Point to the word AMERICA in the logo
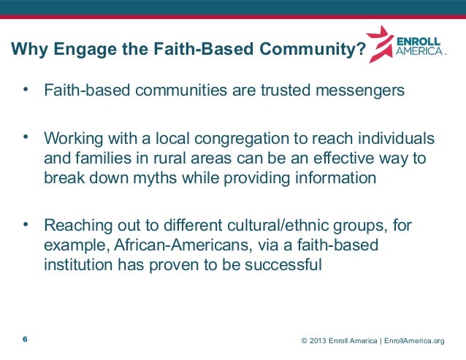[x=419, y=53]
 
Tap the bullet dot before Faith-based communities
[x=26, y=91]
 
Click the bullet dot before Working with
[x=26, y=137]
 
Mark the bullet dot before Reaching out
[x=26, y=223]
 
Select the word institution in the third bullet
[x=76, y=266]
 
